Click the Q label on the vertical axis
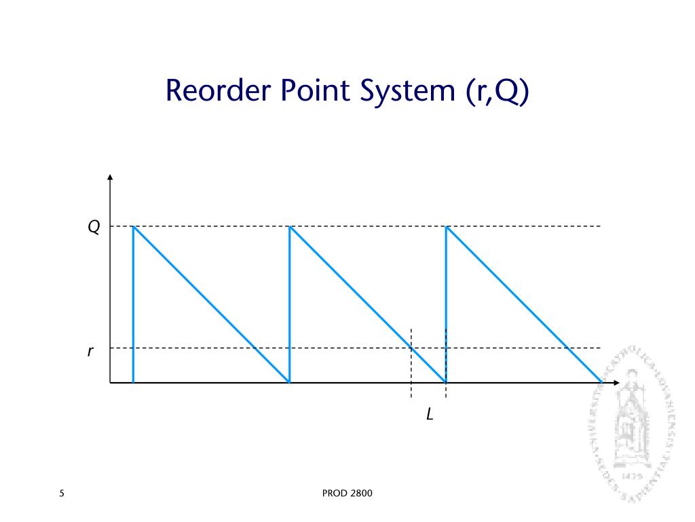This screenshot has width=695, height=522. [94, 227]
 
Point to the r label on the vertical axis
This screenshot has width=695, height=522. [90, 351]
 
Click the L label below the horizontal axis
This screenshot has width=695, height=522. [430, 413]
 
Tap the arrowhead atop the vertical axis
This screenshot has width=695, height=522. [110, 177]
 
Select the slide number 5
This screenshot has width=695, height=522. [62, 493]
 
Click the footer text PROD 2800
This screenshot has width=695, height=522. [347, 493]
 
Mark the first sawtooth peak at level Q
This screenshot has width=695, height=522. [133, 226]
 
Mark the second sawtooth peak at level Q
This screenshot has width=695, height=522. [290, 226]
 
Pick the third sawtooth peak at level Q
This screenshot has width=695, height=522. [446, 226]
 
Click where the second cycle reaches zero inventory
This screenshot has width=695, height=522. [445, 382]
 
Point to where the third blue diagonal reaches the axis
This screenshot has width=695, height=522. [601, 382]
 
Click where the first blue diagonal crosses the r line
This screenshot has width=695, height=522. [255, 348]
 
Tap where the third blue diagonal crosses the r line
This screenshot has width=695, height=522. [567, 348]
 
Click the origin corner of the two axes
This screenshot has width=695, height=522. [110, 383]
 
